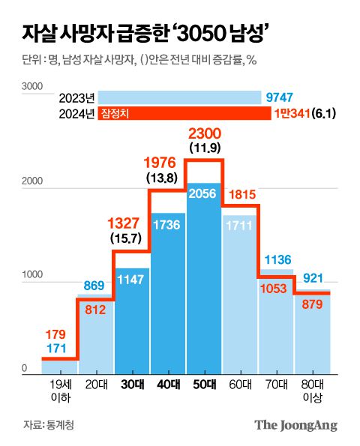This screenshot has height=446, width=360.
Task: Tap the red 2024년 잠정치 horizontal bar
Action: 184,113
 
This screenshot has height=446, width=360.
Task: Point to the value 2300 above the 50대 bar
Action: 204,133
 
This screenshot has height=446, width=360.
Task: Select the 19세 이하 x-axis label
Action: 59,390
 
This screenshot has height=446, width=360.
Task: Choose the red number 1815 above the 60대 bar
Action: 240,194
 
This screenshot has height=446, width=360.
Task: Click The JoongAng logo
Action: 295,425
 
